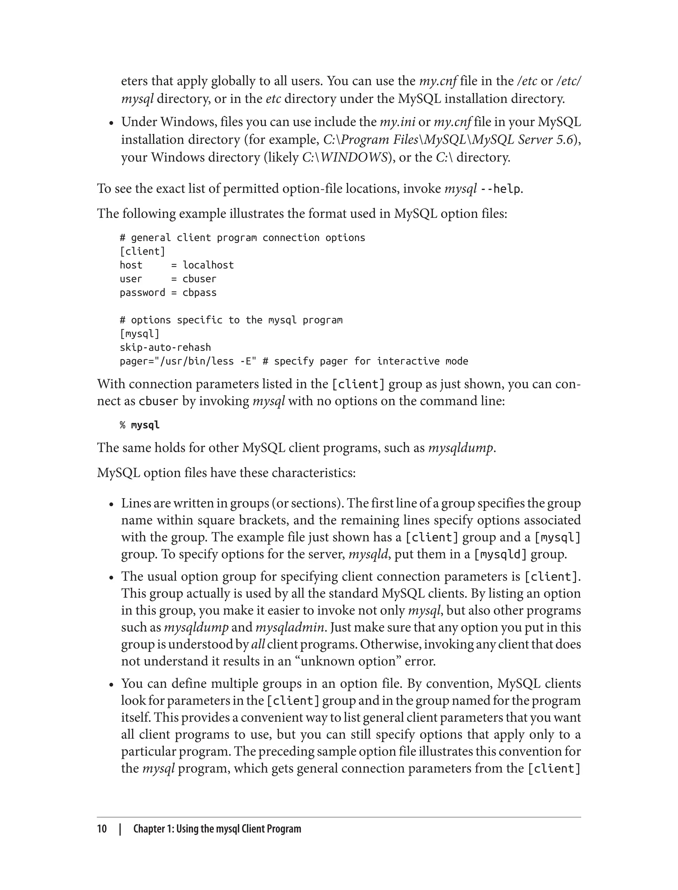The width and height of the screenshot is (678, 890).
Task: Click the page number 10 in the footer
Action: click(102, 829)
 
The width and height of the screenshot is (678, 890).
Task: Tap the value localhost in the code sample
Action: click(208, 265)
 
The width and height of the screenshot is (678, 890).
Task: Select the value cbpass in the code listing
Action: click(199, 293)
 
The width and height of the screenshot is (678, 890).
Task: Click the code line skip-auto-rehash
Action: click(165, 348)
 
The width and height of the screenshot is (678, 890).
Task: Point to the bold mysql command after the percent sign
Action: click(145, 425)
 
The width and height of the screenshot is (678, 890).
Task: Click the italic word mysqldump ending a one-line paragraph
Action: click(460, 448)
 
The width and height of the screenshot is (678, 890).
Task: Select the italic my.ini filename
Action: click(397, 122)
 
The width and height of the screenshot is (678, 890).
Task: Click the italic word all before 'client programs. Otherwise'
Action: click(258, 644)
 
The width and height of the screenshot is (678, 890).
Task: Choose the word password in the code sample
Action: click(142, 293)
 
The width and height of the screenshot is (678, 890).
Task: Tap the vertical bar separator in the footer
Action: click(120, 829)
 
